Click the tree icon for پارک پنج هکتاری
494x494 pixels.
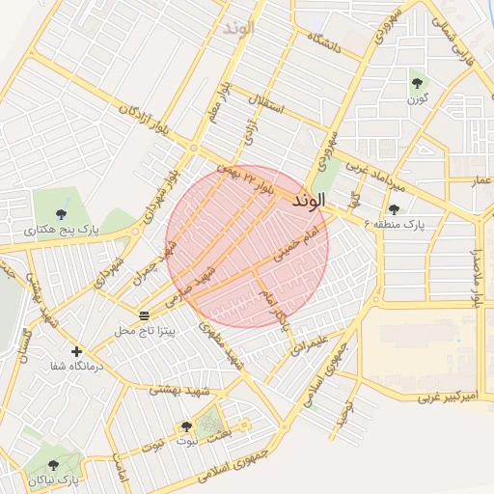[62, 214]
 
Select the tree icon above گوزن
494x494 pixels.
[417, 83]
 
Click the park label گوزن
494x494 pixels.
[417, 98]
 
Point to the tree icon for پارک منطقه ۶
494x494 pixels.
[394, 209]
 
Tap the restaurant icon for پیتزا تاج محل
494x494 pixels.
[144, 316]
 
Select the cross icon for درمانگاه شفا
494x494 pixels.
[76, 351]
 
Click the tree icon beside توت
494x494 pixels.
[186, 425]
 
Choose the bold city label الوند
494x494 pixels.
[308, 199]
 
